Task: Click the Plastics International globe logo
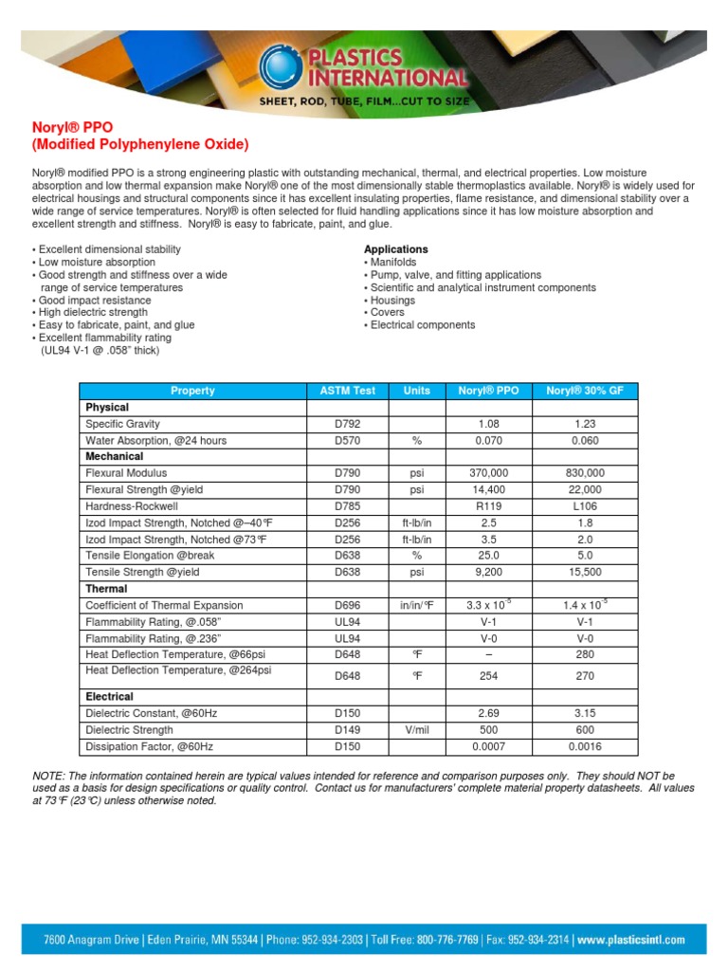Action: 282,66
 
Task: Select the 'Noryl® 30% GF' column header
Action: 585,391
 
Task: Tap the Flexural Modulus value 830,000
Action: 585,473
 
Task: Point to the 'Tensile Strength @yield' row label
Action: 143,573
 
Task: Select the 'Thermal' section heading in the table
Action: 107,589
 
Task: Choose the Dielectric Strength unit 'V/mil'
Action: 416,730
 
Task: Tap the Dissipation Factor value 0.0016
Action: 585,747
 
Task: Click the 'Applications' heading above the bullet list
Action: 395,249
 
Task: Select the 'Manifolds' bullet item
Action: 392,262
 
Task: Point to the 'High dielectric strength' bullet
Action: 92,312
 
